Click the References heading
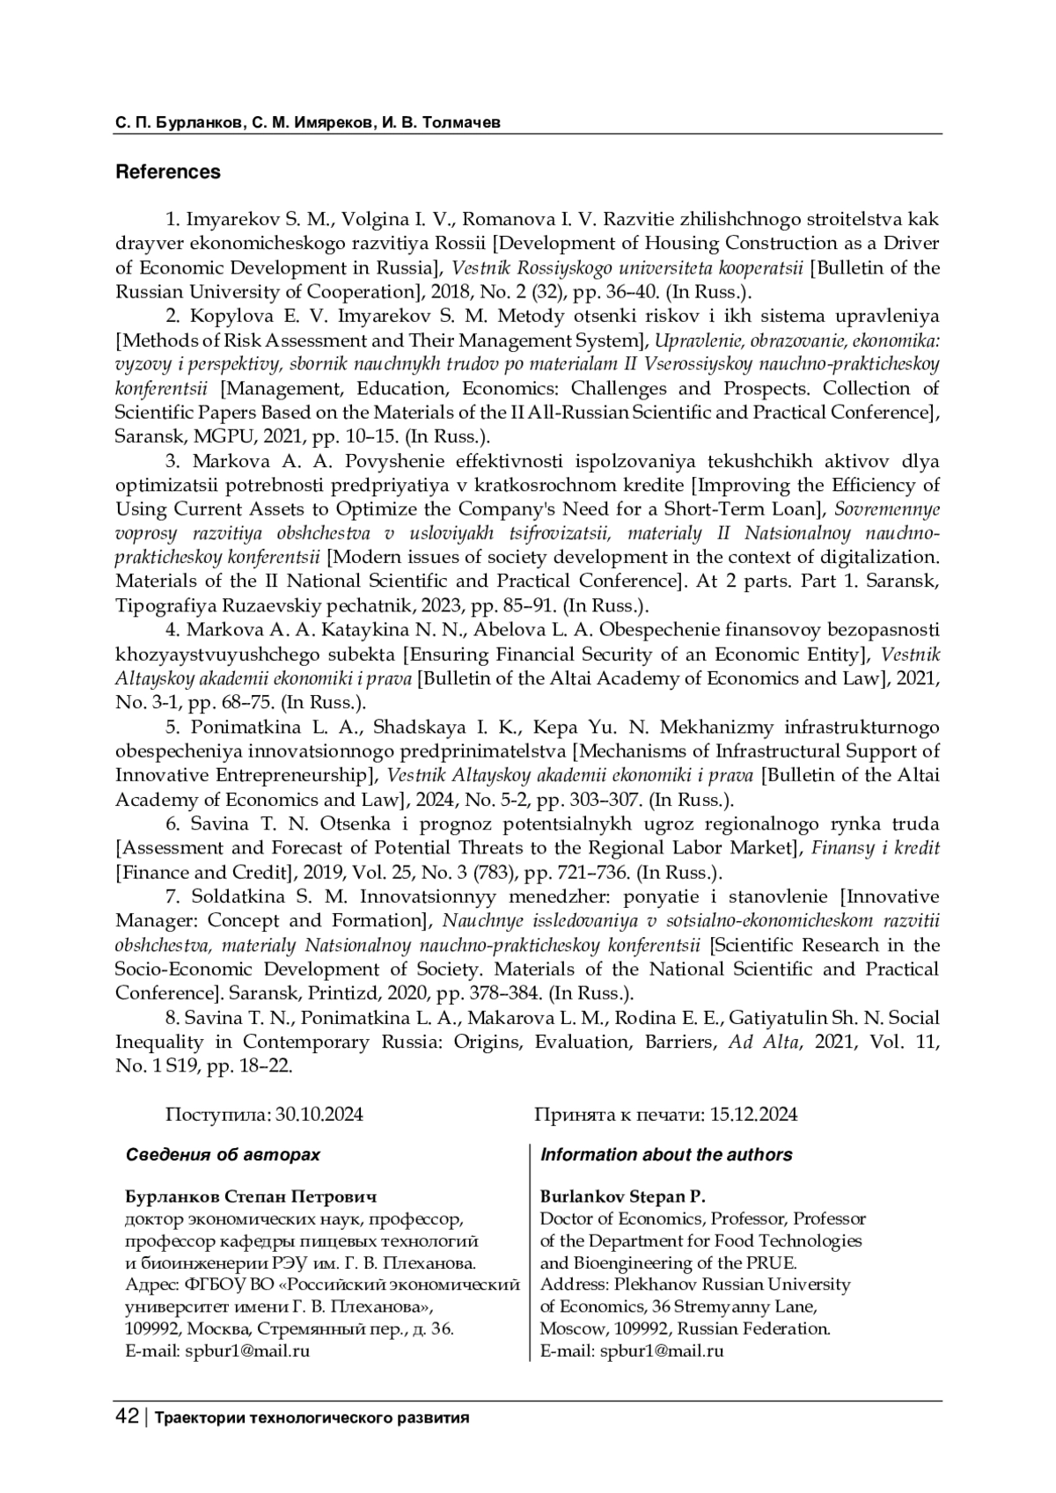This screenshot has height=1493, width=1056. [168, 172]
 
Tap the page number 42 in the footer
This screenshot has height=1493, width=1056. [127, 1417]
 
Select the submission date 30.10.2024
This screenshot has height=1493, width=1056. [319, 1115]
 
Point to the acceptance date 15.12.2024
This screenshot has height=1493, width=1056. [753, 1115]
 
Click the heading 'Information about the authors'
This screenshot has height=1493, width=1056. [665, 1155]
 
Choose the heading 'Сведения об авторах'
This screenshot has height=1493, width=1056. [223, 1155]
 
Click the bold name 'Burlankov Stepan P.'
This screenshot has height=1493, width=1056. [623, 1197]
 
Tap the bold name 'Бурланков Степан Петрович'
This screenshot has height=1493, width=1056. [252, 1197]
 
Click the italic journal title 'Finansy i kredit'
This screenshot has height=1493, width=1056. [876, 848]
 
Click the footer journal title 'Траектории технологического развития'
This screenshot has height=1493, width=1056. [312, 1418]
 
